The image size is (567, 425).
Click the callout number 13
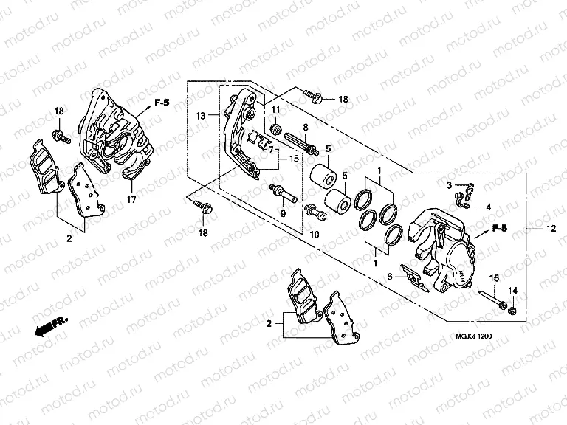tap(200, 116)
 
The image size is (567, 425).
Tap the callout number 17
tap(131, 199)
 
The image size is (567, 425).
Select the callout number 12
tap(549, 230)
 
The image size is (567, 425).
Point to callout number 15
tap(293, 159)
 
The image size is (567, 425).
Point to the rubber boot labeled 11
tap(275, 131)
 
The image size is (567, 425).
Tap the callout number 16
tap(494, 278)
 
